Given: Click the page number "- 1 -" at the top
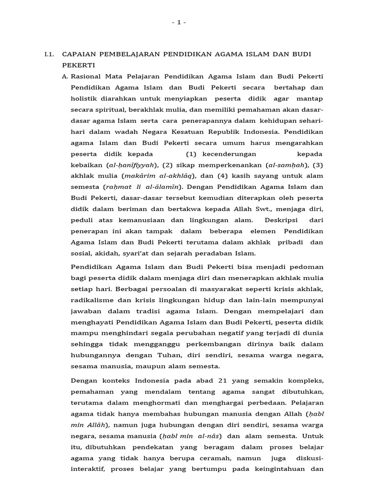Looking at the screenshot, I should tap(178, 22).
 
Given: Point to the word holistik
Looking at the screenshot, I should tap(84, 98).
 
